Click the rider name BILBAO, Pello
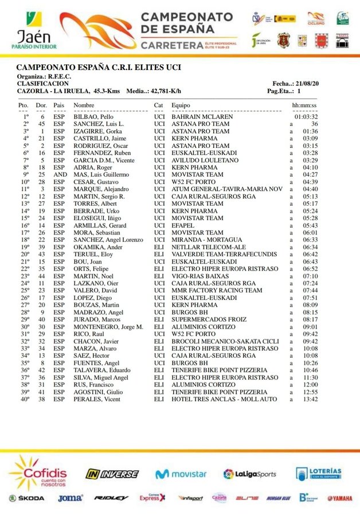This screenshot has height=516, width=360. (91, 116)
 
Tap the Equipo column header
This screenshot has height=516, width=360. (181, 105)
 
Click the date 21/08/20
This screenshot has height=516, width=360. (309, 84)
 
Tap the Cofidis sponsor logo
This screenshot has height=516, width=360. (37, 472)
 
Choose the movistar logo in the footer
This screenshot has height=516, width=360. (181, 474)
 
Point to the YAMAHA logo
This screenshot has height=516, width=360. (340, 498)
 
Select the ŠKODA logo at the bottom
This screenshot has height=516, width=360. (26, 498)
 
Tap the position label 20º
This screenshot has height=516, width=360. (26, 254)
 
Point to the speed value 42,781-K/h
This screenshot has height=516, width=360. (166, 91)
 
